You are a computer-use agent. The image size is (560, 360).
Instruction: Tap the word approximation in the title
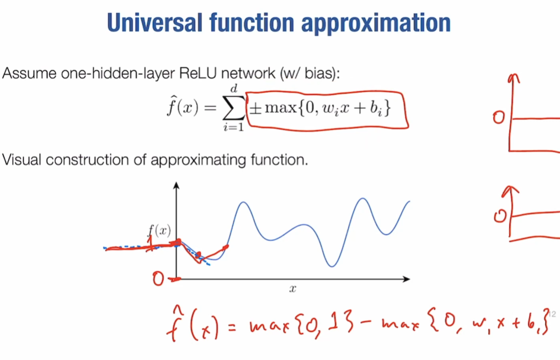(x=389, y=23)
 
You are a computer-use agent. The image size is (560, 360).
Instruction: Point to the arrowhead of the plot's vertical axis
(x=176, y=185)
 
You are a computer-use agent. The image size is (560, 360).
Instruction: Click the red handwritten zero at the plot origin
(x=159, y=280)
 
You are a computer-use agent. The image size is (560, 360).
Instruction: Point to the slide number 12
(x=553, y=315)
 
